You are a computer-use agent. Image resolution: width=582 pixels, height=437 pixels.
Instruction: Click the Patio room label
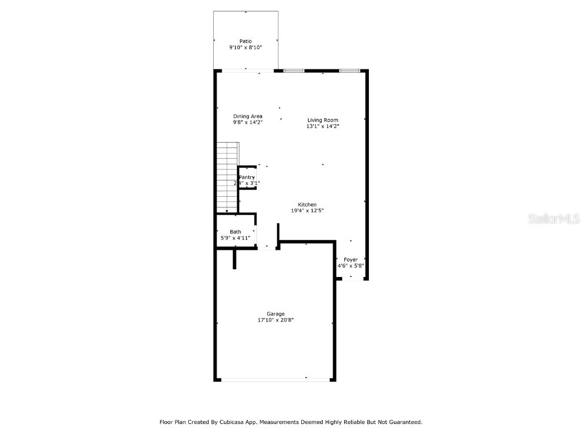point(246,41)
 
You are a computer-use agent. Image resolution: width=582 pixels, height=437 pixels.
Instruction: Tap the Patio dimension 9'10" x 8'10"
point(246,48)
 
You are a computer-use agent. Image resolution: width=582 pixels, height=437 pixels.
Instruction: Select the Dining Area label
point(248,116)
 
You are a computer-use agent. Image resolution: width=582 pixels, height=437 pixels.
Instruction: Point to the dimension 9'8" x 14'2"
point(248,122)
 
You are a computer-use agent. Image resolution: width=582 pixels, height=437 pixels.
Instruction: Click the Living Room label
point(323,120)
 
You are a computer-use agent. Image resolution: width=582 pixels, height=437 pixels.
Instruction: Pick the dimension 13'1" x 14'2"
point(323,127)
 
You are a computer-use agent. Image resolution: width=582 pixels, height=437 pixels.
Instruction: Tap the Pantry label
point(247,178)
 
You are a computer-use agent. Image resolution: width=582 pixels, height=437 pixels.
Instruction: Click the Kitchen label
point(307,205)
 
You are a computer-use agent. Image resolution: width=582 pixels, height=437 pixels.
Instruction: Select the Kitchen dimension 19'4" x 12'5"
point(307,211)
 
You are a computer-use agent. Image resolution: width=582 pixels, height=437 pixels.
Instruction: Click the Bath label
point(235,232)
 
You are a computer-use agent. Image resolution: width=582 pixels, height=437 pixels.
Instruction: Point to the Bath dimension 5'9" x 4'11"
point(235,238)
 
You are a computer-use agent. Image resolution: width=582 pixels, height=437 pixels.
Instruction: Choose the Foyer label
point(351,259)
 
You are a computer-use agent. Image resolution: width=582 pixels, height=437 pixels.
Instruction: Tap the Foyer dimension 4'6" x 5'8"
point(351,266)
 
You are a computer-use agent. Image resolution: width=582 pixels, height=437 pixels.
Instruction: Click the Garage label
point(276,314)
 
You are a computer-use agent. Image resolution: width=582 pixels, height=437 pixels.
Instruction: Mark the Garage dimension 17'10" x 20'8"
point(276,320)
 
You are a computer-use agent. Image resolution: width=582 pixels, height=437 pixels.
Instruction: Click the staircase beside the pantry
point(226,176)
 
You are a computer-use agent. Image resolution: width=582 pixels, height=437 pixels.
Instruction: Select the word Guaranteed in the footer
point(404,422)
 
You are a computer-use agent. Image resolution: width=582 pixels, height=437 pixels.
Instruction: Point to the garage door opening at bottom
point(275,380)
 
